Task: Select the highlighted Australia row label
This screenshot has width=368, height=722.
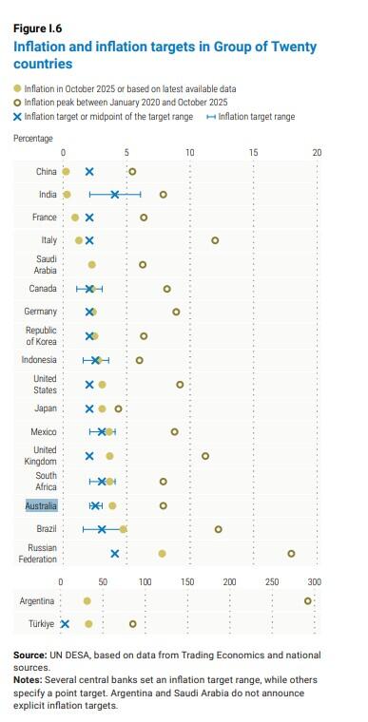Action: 41,506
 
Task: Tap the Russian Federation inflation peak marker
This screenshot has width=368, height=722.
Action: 291,553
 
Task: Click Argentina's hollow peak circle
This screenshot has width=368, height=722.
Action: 308,600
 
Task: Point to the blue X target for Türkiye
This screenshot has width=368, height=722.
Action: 66,623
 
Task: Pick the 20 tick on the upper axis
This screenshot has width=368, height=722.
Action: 317,152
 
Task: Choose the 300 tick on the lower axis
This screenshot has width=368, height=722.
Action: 314,581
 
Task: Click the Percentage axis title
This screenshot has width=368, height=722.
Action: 33,139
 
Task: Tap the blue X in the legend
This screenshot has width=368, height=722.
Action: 18,116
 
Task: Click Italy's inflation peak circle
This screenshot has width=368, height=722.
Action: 215,240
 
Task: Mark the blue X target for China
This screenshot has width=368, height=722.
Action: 89,172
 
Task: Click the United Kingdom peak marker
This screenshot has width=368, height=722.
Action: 205,456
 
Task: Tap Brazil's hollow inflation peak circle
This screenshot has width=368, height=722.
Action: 219,529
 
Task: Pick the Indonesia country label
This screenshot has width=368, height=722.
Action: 39,361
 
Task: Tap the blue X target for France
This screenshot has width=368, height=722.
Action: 89,218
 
